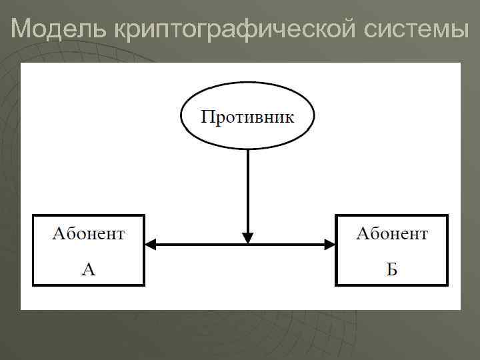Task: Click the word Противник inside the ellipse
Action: pos(247,118)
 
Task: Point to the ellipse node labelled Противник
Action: pos(247,137)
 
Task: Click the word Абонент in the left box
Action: pos(88,233)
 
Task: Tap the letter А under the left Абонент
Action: pos(89,269)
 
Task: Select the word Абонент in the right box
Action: pos(391,233)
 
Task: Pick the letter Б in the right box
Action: pos(392,269)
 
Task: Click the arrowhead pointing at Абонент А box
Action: pos(151,245)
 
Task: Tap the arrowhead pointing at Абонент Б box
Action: pos(329,245)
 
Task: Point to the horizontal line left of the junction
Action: pos(197,245)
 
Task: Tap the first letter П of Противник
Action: pos(207,118)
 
